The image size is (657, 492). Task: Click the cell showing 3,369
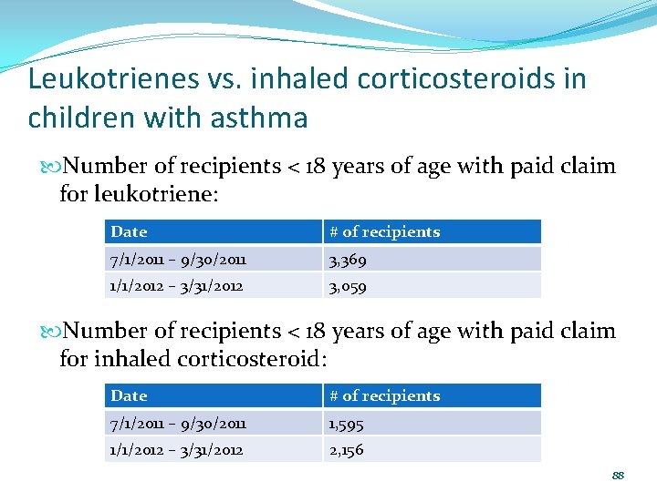point(349,260)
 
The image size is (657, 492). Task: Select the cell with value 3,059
point(349,286)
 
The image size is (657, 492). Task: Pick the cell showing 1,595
point(347,424)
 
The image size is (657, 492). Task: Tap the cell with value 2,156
point(347,450)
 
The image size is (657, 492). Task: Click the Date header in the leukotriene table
point(129,232)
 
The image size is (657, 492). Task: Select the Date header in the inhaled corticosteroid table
point(129,396)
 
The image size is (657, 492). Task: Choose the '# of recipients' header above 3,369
point(384,232)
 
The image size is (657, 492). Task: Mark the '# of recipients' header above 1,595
point(384,396)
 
